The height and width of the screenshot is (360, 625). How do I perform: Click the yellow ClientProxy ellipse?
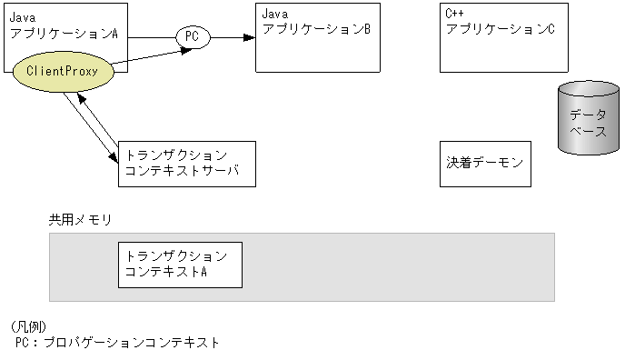coord(63,70)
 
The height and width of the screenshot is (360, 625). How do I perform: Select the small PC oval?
coord(192,37)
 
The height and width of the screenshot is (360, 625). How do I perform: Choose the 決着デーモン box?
coord(485,164)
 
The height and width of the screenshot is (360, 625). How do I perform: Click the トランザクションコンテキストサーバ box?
coord(187,164)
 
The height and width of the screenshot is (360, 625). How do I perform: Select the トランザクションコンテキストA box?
coord(180,264)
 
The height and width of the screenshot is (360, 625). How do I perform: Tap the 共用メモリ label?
coord(79,220)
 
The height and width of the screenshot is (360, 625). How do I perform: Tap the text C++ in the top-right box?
coord(455,15)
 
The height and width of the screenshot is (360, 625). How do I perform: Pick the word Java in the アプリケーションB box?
coord(274,15)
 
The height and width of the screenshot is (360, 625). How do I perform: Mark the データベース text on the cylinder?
coord(587,123)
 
